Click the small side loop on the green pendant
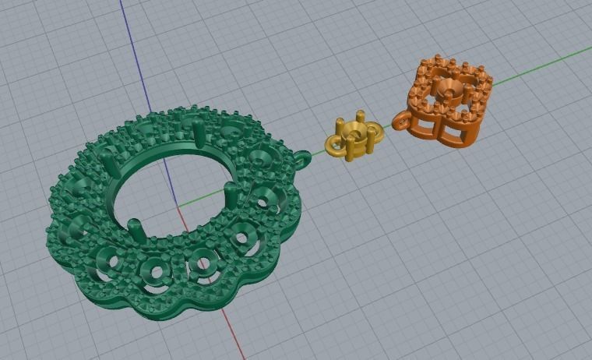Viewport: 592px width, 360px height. click(303, 160)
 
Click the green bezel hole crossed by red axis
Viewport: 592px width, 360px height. click(204, 263)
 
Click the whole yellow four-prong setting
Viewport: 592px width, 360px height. click(355, 139)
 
